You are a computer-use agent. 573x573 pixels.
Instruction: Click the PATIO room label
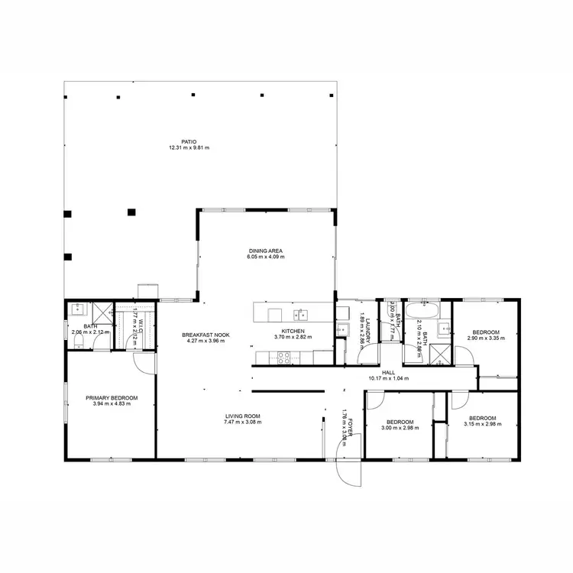click(189, 141)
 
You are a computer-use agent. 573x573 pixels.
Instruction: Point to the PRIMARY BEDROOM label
click(112, 397)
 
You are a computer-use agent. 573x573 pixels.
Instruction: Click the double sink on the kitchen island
click(303, 313)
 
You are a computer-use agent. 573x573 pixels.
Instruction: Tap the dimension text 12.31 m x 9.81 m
click(189, 147)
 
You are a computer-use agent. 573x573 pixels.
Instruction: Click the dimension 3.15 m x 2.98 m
click(482, 424)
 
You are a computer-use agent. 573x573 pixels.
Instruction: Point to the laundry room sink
click(343, 329)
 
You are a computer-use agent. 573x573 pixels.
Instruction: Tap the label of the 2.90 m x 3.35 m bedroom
click(486, 332)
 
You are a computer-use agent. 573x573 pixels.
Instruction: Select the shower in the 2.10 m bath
click(441, 353)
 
